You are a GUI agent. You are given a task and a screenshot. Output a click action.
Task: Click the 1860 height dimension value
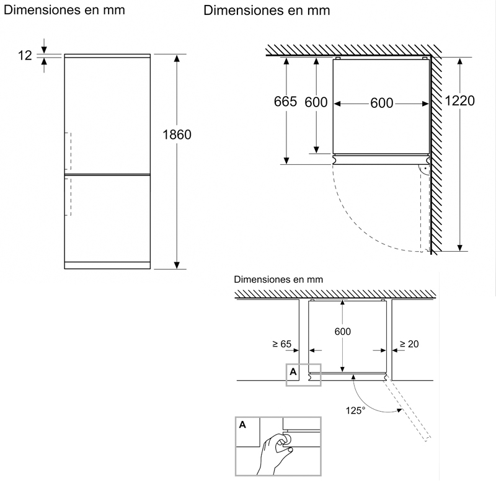(x=177, y=135)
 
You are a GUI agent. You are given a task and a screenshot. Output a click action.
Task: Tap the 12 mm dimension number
(x=25, y=56)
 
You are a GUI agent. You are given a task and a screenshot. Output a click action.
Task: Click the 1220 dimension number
(x=460, y=101)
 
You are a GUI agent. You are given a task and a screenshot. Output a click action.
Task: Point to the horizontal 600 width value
(x=382, y=103)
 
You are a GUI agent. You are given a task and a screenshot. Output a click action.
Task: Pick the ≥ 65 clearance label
(x=281, y=343)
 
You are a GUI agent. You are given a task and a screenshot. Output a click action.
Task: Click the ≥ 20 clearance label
(x=409, y=343)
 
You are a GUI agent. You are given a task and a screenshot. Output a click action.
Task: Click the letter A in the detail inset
(x=242, y=425)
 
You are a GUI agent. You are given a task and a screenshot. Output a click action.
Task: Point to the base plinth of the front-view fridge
(x=107, y=265)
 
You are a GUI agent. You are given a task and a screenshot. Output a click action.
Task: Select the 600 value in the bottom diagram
(x=342, y=332)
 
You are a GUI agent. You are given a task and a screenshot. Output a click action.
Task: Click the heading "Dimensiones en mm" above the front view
(x=64, y=11)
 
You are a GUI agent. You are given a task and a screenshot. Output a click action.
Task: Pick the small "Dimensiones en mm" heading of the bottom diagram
(x=279, y=280)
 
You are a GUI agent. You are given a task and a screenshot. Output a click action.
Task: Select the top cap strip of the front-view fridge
(x=107, y=56)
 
